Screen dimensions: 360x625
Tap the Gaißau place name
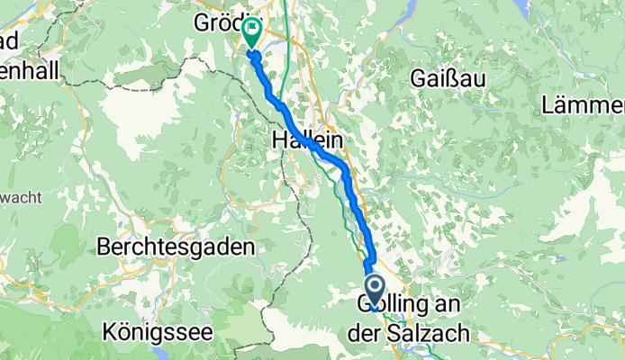point(448,78)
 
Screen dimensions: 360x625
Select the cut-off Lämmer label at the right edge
point(584,105)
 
